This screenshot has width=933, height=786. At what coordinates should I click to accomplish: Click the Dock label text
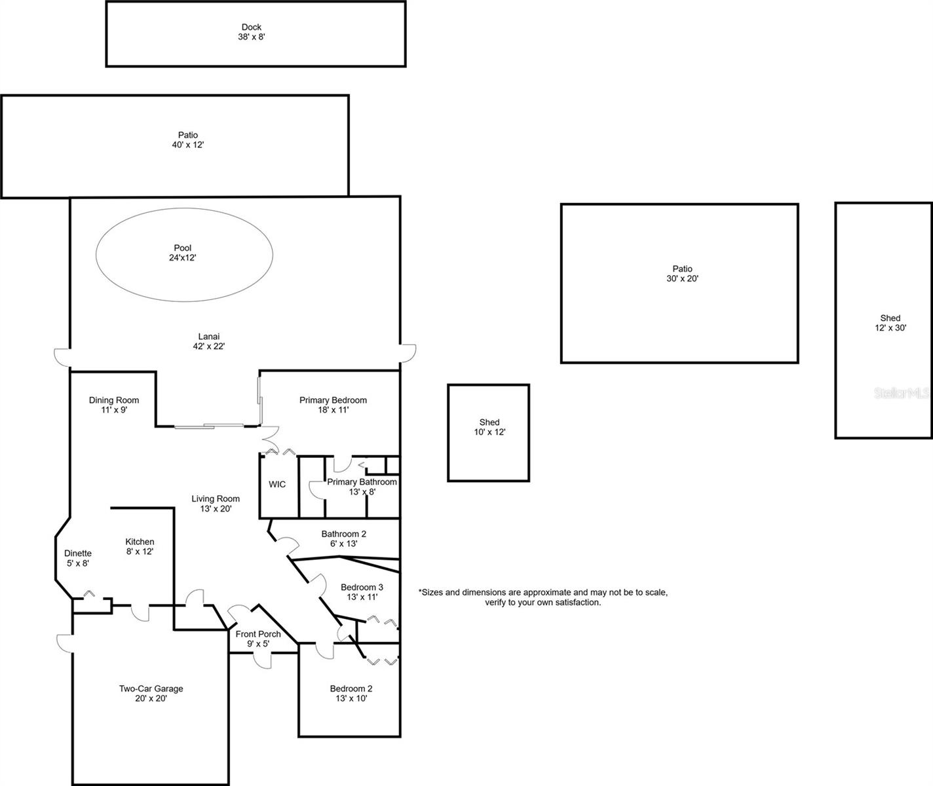pyautogui.click(x=252, y=28)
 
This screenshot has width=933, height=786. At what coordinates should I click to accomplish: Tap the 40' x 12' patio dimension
pyautogui.click(x=188, y=145)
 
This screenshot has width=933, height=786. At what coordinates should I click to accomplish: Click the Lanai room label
pyautogui.click(x=208, y=337)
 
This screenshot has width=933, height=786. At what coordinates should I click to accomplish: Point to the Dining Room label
pyautogui.click(x=114, y=400)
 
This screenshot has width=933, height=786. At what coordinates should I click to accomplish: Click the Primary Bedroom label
pyautogui.click(x=333, y=400)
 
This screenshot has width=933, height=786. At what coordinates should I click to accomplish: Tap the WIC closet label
pyautogui.click(x=277, y=485)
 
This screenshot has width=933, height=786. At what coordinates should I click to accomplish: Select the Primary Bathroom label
pyautogui.click(x=362, y=482)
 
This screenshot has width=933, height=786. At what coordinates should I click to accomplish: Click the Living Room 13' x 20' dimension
pyautogui.click(x=216, y=508)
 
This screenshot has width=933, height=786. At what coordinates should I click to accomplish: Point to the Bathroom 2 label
pyautogui.click(x=343, y=534)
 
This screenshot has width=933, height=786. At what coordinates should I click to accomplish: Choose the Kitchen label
pyautogui.click(x=140, y=542)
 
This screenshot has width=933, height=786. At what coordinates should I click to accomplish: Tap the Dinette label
pyautogui.click(x=78, y=553)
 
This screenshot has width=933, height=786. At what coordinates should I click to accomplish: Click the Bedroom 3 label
pyautogui.click(x=362, y=587)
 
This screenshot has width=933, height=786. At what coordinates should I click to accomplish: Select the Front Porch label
pyautogui.click(x=258, y=634)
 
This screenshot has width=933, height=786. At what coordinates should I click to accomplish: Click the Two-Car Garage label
pyautogui.click(x=151, y=688)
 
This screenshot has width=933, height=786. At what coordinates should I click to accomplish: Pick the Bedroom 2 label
pyautogui.click(x=351, y=688)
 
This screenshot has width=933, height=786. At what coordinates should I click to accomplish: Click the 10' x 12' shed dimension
pyautogui.click(x=489, y=432)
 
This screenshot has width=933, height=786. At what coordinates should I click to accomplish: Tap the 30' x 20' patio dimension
pyautogui.click(x=682, y=278)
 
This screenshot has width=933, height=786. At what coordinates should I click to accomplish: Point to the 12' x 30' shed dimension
pyautogui.click(x=890, y=328)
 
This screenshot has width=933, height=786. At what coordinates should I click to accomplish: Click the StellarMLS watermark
pyautogui.click(x=902, y=393)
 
